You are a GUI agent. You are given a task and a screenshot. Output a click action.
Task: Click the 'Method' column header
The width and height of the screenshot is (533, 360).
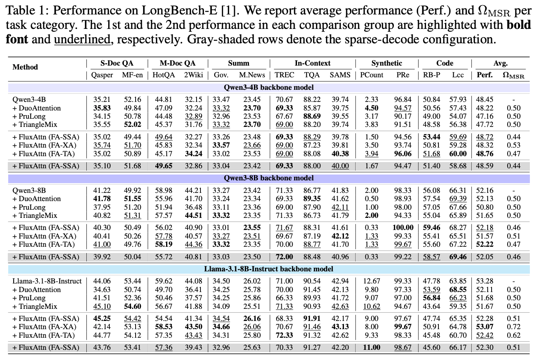pyautogui.click(x=25, y=67)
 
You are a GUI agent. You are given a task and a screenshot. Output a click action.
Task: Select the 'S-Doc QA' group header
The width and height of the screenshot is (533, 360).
pyautogui.click(x=116, y=63)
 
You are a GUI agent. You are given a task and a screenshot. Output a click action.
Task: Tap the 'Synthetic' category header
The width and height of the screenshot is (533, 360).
pyautogui.click(x=386, y=63)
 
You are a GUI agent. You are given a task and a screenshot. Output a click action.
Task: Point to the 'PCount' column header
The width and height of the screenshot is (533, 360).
pyautogui.click(x=371, y=75)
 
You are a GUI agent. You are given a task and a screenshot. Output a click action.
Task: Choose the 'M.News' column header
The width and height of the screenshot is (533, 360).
pyautogui.click(x=252, y=75)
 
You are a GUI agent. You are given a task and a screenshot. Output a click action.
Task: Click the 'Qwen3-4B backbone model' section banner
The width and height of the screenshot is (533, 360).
pyautogui.click(x=269, y=87)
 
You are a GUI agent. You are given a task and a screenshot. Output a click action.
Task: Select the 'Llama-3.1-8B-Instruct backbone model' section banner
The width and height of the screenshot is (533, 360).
pyautogui.click(x=269, y=269)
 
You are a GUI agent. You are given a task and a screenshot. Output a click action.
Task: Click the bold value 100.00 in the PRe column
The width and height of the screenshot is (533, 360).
pyautogui.click(x=402, y=228)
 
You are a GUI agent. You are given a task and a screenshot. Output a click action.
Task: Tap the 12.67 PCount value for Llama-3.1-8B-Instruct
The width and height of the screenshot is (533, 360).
pyautogui.click(x=371, y=281)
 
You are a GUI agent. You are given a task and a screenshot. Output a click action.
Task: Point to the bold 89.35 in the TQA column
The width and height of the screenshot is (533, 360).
pyautogui.click(x=312, y=199)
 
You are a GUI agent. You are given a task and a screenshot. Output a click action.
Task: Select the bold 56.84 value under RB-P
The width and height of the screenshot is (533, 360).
pyautogui.click(x=431, y=298)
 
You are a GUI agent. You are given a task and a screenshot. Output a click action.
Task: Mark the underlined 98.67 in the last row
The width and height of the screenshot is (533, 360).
pyautogui.click(x=402, y=348)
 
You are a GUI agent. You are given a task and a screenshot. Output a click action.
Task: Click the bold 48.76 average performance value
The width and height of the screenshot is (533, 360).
pyautogui.click(x=485, y=154)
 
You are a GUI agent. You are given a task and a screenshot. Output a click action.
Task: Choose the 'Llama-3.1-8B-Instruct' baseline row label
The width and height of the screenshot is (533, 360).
pyautogui.click(x=47, y=281)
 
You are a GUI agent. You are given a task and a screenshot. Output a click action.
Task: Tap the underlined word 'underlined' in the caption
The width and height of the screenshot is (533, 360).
pyautogui.click(x=82, y=39)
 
